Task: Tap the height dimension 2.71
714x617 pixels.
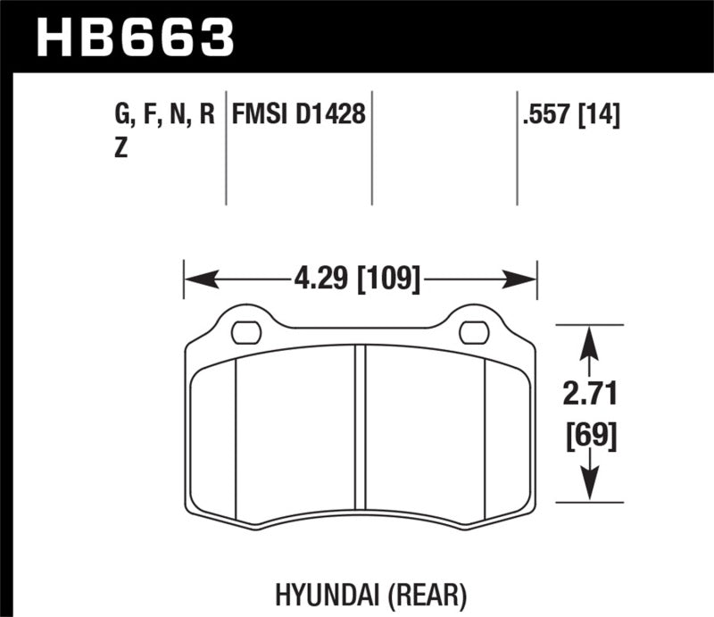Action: click(x=588, y=393)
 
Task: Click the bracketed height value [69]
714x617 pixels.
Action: click(x=588, y=437)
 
